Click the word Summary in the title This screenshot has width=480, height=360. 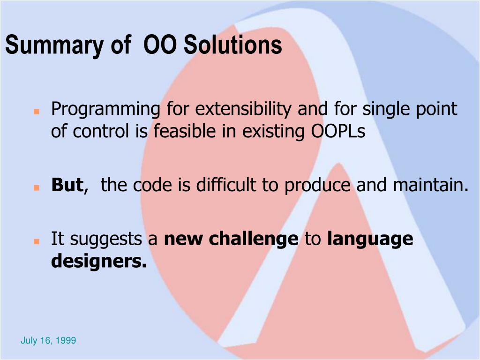(x=54, y=45)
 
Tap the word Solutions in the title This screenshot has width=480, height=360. (x=232, y=45)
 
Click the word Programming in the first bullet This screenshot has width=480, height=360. (x=105, y=109)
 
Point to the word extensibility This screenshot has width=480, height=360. (x=243, y=109)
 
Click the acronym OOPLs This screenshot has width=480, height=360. (x=338, y=131)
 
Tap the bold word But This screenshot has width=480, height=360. (x=67, y=185)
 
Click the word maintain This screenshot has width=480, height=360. (x=431, y=185)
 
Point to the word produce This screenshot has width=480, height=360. (x=317, y=186)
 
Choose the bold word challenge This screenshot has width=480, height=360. (x=254, y=239)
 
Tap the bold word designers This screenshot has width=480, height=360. (x=99, y=261)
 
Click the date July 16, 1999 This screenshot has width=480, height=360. (x=48, y=340)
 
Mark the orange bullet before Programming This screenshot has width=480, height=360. (x=37, y=112)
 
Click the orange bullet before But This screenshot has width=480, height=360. (x=37, y=187)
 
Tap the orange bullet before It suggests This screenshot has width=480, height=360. (x=37, y=241)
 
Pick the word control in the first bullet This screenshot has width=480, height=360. (x=100, y=131)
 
